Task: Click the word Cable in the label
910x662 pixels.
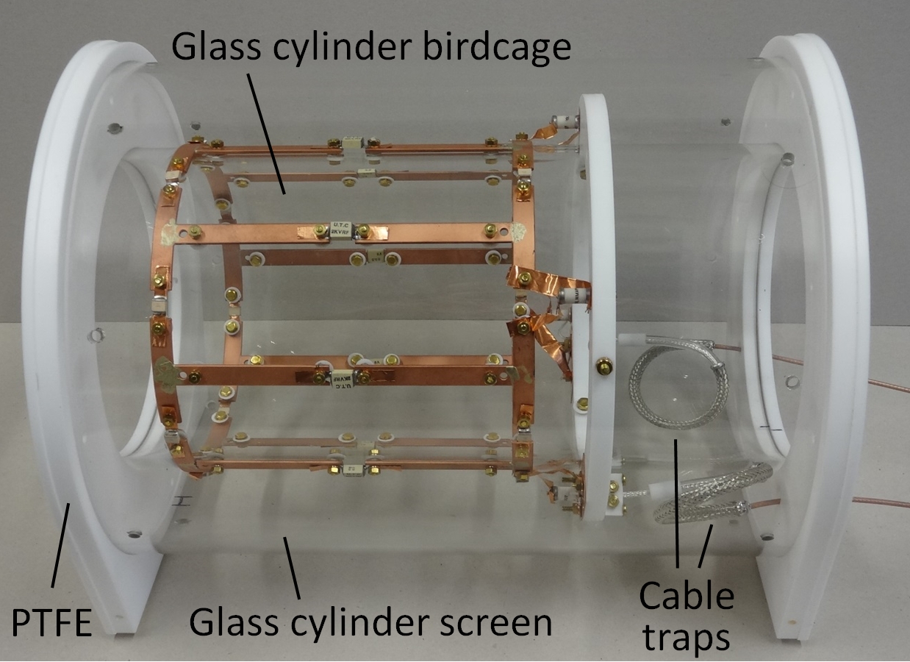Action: pyautogui.click(x=687, y=596)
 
